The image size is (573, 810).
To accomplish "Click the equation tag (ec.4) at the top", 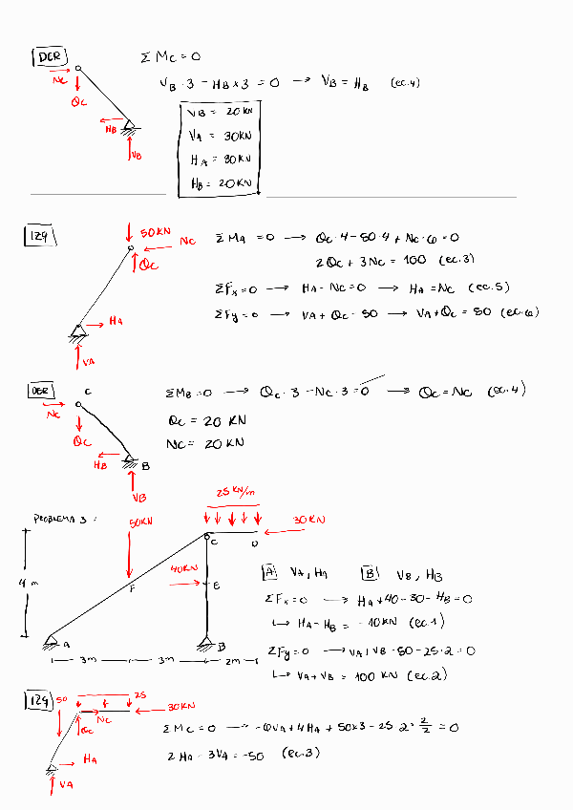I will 405,83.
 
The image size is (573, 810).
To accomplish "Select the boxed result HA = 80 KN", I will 220,160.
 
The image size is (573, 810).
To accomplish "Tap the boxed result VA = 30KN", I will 220,137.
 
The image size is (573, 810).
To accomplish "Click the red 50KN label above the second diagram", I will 156,232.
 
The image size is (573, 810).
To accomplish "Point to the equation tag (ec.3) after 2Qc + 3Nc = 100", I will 457,260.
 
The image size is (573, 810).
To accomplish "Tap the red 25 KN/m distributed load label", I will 237,492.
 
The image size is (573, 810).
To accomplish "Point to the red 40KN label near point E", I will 183,568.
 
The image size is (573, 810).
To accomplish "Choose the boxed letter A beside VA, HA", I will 269,573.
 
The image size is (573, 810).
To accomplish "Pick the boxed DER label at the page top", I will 48,57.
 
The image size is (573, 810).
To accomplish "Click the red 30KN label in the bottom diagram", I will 180,707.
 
